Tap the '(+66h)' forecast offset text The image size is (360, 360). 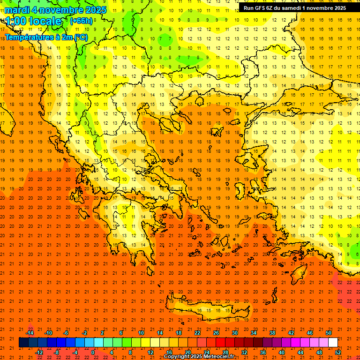[81, 21]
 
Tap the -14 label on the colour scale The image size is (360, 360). [30, 332]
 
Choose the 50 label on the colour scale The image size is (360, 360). [328, 332]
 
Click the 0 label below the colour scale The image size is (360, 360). [93, 352]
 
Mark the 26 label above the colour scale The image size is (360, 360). [216, 332]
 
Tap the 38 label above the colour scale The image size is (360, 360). [272, 332]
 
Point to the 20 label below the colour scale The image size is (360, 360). [188, 352]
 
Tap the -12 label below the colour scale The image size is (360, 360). [39, 352]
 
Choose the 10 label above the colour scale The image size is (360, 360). [141, 332]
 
